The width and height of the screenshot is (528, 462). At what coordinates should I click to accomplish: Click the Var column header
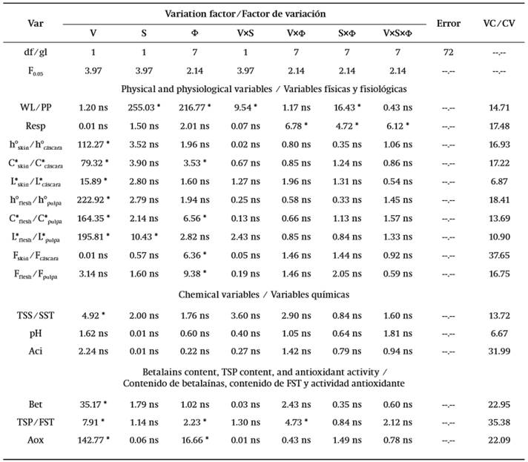click(x=35, y=23)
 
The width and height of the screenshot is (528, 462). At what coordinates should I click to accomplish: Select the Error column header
click(x=449, y=23)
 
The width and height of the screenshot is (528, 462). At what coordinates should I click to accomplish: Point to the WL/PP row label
click(x=35, y=108)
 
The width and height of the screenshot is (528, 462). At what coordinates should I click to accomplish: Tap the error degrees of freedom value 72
click(x=449, y=53)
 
